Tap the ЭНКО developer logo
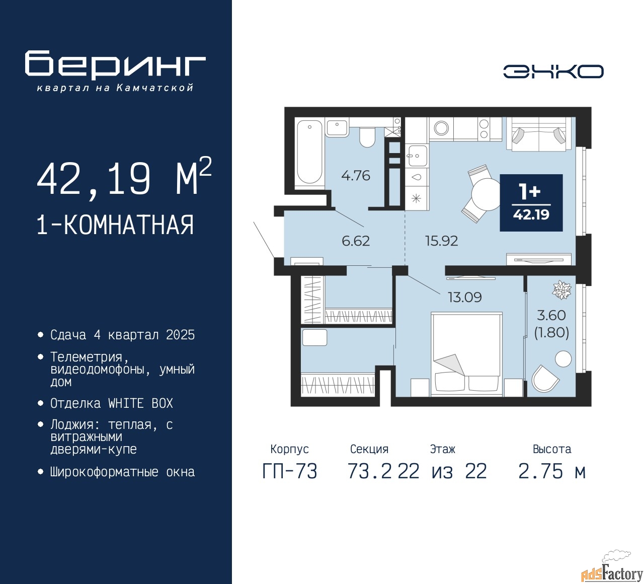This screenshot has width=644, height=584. [x=553, y=71]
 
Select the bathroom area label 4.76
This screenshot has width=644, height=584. [x=355, y=176]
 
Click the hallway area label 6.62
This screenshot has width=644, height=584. [x=356, y=241]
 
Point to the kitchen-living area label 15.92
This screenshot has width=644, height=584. [x=441, y=241]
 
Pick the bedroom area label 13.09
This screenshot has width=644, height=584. [x=465, y=297]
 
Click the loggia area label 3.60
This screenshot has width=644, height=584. [x=551, y=315]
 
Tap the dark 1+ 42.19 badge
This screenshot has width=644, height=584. [x=531, y=203]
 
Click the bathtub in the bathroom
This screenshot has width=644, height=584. [x=309, y=152]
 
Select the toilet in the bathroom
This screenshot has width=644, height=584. [x=367, y=137]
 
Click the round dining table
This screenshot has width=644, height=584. [x=486, y=194]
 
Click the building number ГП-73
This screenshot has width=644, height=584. [x=290, y=471]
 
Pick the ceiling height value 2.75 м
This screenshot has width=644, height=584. [x=552, y=471]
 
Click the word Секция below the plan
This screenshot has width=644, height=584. [x=369, y=449]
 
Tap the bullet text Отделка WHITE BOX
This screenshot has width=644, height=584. [x=111, y=403]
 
